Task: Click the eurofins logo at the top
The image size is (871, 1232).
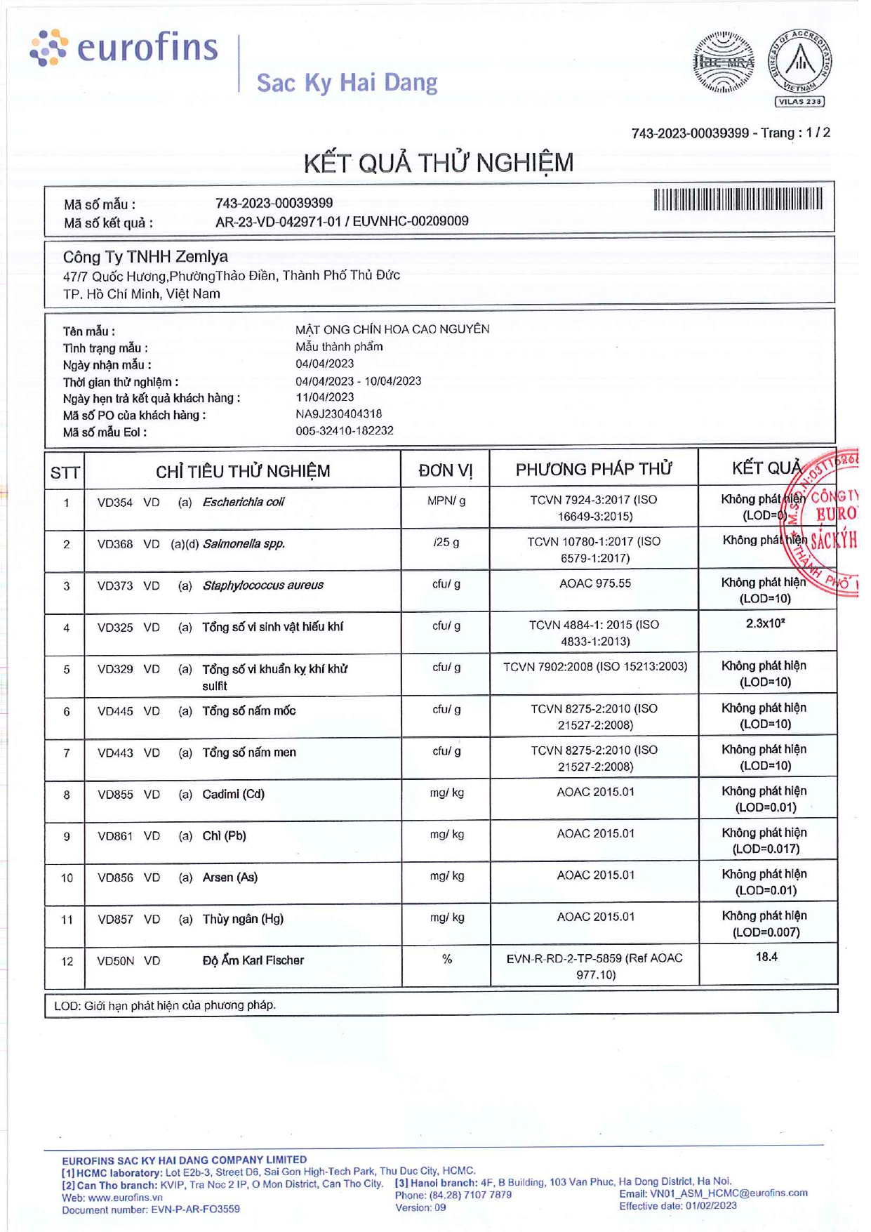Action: coord(124,48)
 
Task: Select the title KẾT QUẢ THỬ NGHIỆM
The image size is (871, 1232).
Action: coord(438,163)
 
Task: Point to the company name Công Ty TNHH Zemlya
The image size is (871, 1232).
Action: coord(145,257)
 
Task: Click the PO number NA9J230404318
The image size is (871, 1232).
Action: coord(338,414)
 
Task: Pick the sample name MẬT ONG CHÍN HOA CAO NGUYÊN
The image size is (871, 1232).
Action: coord(392,329)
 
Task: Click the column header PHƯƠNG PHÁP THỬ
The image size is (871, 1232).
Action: coord(593,470)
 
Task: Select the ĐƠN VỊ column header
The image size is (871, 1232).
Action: coord(445,470)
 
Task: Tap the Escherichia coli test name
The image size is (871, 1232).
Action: coord(243,502)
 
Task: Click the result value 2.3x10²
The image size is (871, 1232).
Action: coord(765,623)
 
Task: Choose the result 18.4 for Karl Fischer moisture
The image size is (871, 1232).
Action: coord(766,957)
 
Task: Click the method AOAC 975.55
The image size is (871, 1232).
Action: coord(594,583)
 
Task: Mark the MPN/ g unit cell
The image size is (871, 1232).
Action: coord(446,501)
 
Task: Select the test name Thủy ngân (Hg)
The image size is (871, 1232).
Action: coord(243,919)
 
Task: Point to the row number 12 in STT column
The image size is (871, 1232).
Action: coord(67,961)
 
